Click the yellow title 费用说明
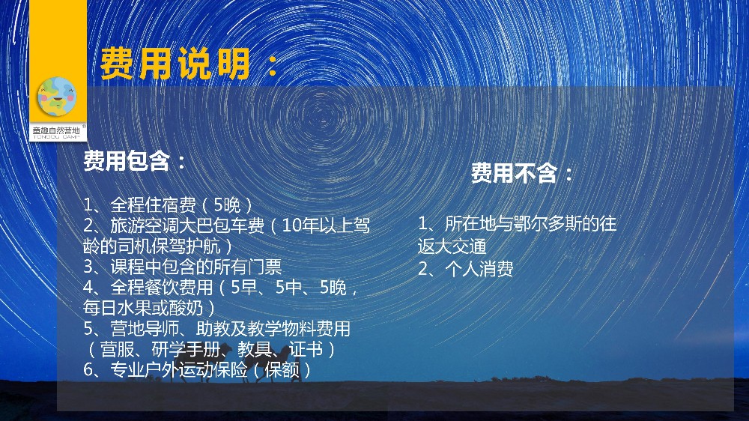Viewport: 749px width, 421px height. [x=175, y=64]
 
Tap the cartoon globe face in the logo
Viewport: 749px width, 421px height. [x=57, y=97]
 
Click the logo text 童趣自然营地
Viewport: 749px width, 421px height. [x=56, y=130]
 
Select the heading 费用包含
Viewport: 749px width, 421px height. [x=127, y=160]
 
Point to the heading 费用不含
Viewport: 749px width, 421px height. [x=514, y=172]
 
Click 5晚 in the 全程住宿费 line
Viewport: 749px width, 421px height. [x=228, y=205]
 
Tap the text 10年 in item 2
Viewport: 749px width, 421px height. [x=299, y=225]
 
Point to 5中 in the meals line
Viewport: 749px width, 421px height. [x=288, y=287]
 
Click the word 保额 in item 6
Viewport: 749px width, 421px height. [x=282, y=369]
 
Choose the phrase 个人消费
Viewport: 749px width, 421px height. [x=479, y=269]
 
